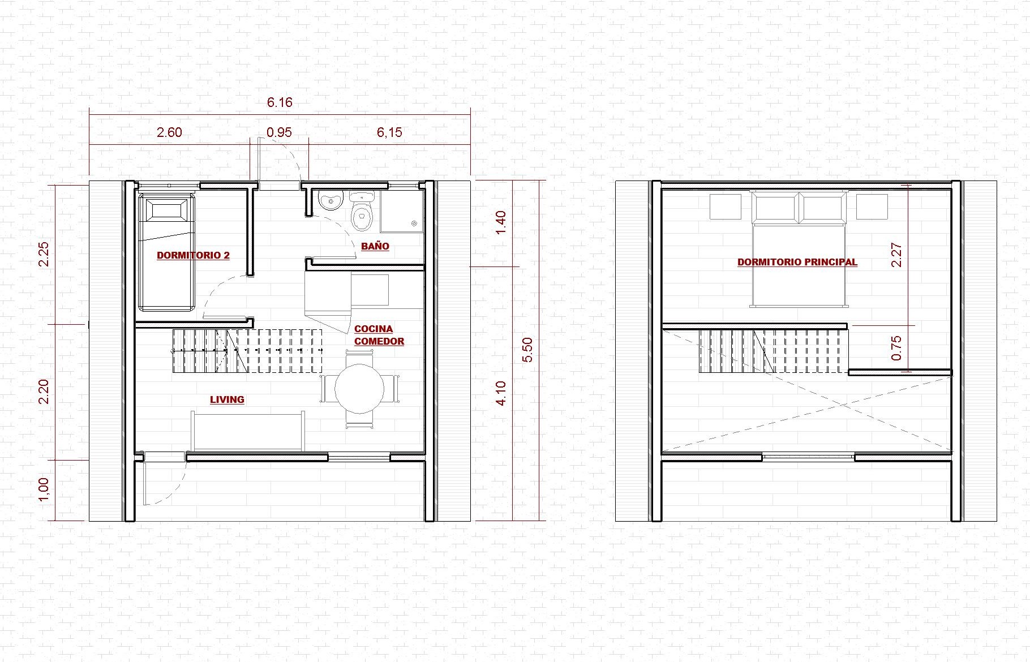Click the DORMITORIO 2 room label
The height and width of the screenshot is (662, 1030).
click(193, 255)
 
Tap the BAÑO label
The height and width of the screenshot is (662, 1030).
click(375, 246)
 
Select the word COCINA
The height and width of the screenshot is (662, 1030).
click(374, 329)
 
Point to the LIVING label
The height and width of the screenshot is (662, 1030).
click(227, 399)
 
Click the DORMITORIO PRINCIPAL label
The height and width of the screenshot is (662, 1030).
click(797, 262)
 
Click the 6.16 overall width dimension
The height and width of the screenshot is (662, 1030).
click(280, 102)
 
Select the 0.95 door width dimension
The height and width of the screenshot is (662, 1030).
click(279, 132)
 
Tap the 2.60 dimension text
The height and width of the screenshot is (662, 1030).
click(169, 132)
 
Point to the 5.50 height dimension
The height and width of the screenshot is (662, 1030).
click(527, 350)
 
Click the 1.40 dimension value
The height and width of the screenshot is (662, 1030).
click(501, 223)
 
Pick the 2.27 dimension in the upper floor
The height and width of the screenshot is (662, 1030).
click(896, 255)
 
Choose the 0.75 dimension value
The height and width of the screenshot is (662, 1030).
click(896, 348)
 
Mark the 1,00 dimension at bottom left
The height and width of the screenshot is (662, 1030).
click(44, 489)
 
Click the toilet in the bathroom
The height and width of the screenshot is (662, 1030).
click(362, 212)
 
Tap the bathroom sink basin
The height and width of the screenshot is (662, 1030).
click(331, 200)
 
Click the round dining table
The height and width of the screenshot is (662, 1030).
click(359, 388)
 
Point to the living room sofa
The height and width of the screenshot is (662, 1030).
click(248, 431)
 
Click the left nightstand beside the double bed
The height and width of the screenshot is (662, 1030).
click(726, 207)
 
